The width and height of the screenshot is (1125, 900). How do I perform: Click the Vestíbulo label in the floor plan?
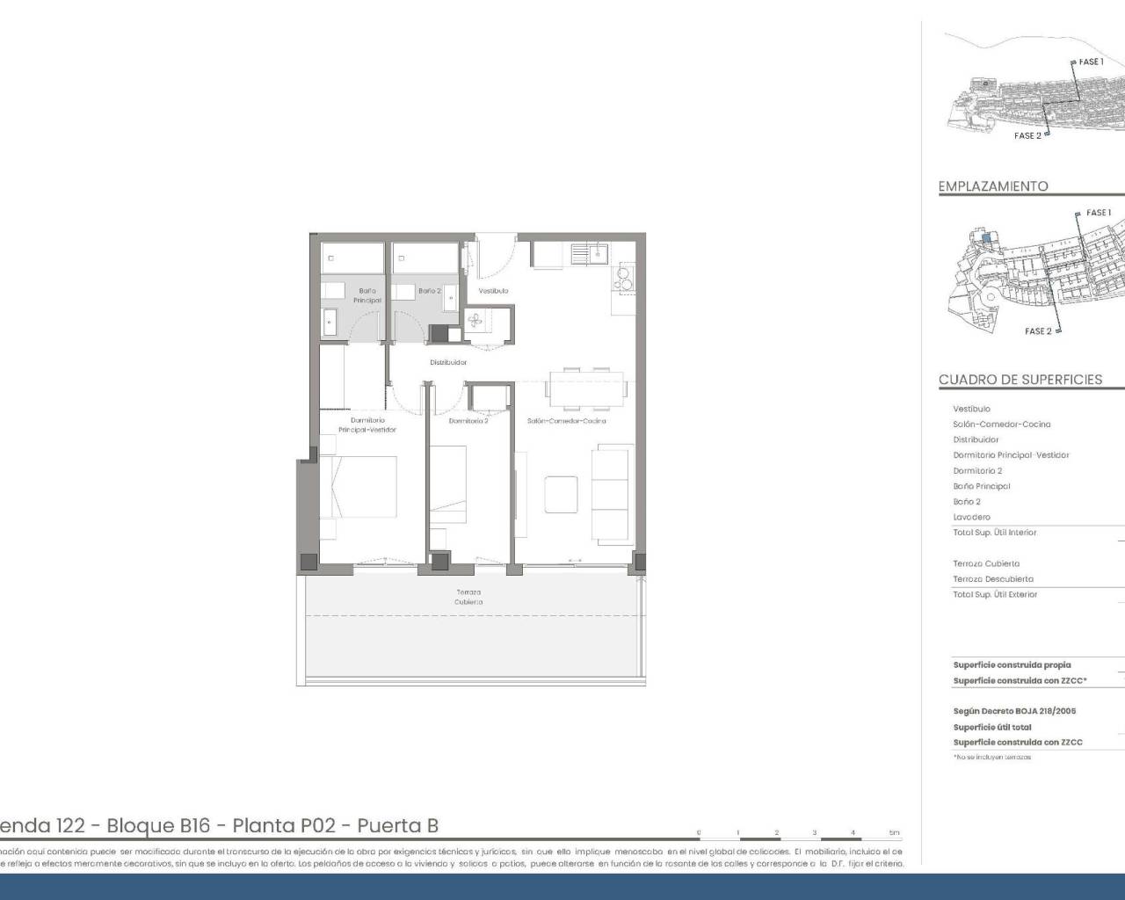tap(493, 291)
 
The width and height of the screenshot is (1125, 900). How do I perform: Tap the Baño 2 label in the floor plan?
tap(429, 291)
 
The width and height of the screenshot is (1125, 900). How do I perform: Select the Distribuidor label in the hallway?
tap(448, 362)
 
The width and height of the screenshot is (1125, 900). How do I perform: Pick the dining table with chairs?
tap(586, 389)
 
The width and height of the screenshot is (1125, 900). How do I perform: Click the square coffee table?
tap(561, 494)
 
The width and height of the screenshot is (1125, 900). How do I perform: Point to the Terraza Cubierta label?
tap(468, 597)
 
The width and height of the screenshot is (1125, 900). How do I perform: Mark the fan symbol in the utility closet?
tap(475, 322)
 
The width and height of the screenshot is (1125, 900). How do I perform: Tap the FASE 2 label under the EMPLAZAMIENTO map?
tap(1037, 331)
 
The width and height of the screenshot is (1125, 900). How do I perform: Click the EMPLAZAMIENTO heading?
tap(993, 186)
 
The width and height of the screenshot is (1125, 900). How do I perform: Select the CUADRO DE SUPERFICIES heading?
tap(1020, 380)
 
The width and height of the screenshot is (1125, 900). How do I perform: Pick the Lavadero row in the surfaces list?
tap(971, 518)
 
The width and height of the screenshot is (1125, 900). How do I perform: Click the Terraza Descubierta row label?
tap(993, 579)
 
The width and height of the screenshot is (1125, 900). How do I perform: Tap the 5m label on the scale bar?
tap(894, 832)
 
